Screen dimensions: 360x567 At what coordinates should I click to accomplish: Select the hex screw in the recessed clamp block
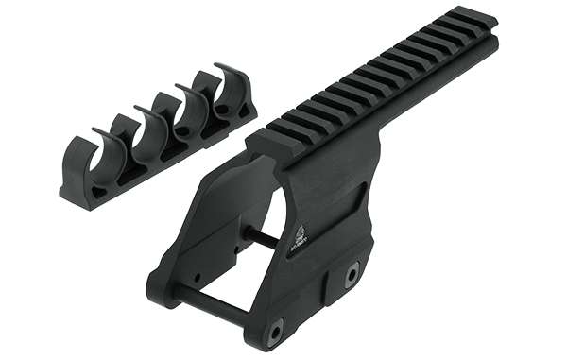[x=352, y=274]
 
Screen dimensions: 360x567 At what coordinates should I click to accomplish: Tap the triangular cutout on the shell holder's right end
[x=249, y=111]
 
